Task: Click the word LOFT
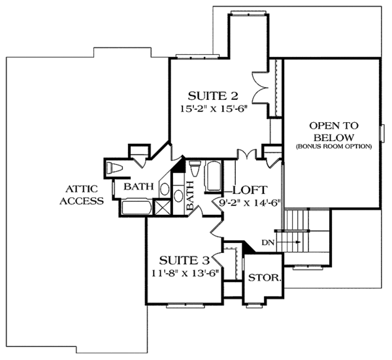249,190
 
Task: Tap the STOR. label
265,278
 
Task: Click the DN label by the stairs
268,242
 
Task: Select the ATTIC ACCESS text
82,194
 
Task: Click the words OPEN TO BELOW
332,131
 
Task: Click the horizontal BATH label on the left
139,187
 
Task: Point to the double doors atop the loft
245,154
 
